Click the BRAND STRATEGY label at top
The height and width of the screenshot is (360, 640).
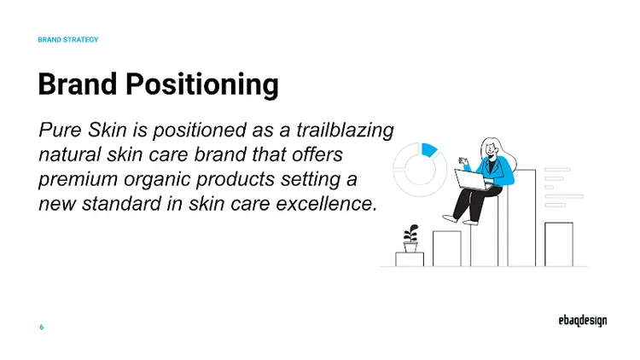(68, 39)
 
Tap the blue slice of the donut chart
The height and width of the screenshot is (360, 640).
(429, 149)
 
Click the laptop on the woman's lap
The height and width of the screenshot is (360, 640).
(470, 178)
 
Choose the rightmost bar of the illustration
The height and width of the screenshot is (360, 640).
(559, 244)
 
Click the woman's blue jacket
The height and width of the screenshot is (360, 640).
(502, 173)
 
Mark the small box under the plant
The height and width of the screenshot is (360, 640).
(410, 259)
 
